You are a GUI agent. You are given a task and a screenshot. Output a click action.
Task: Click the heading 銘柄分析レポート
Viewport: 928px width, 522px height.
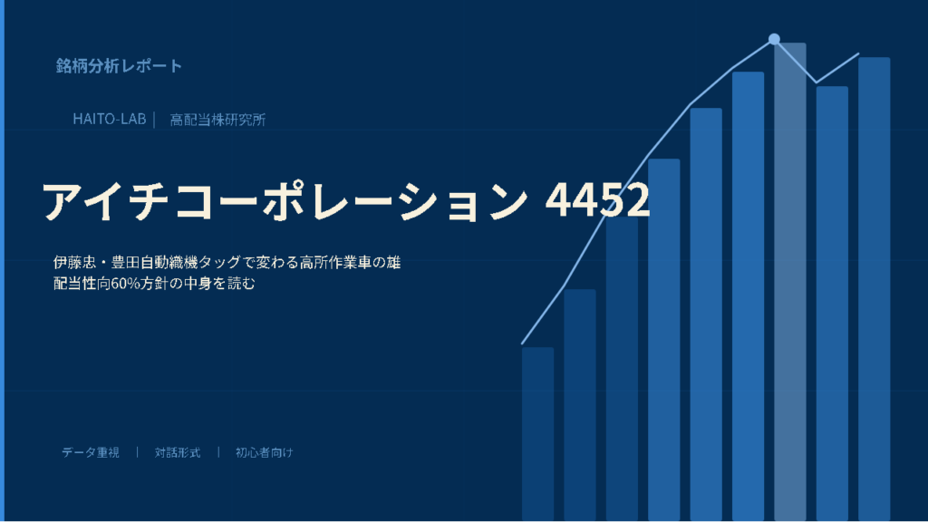[x=119, y=65]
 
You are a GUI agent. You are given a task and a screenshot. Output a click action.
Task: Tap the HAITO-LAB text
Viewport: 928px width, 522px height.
[x=110, y=119]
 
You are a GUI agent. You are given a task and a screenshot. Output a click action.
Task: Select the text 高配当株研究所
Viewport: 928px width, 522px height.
[x=217, y=120]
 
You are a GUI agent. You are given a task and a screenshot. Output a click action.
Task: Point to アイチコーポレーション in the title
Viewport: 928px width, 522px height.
[x=284, y=201]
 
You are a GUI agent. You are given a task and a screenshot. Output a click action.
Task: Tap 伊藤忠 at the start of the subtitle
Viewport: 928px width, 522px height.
[x=74, y=262]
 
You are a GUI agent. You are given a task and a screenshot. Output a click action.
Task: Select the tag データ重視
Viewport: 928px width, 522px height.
[x=91, y=452]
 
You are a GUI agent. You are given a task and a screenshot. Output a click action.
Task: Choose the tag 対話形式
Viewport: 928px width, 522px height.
[x=178, y=452]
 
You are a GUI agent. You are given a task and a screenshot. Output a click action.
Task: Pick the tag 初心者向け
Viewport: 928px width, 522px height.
[x=264, y=452]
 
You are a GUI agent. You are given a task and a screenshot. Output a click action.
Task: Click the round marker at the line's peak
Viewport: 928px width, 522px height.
[x=774, y=39]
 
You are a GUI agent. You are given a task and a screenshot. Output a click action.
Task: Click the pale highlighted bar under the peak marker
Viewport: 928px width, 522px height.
[x=790, y=282]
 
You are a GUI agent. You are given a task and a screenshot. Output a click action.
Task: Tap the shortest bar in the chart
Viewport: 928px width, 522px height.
[x=538, y=434]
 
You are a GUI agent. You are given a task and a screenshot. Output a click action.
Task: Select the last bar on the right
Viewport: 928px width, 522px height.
[x=875, y=289]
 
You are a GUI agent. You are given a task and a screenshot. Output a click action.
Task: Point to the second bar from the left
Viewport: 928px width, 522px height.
[x=580, y=405]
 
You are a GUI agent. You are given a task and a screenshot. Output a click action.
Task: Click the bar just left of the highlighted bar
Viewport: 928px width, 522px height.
[x=748, y=296]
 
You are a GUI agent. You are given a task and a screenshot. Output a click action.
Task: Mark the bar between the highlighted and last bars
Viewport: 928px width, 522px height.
[x=832, y=304]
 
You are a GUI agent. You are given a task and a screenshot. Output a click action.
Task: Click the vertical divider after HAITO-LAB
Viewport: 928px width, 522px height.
[x=154, y=120]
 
